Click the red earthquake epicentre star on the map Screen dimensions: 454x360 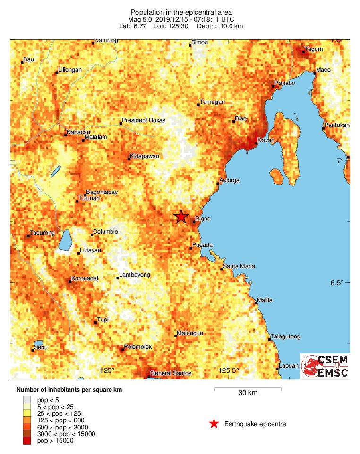[x=180, y=217]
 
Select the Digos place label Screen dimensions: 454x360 [x=202, y=219]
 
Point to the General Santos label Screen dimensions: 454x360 [x=171, y=373]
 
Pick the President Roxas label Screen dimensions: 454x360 [x=144, y=120]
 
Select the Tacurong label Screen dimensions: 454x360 [x=42, y=233]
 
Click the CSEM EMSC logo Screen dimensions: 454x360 [x=325, y=366]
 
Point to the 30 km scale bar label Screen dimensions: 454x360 [x=248, y=393]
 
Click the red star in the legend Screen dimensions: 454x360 [x=214, y=424]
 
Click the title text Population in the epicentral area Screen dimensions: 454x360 [x=181, y=12]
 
